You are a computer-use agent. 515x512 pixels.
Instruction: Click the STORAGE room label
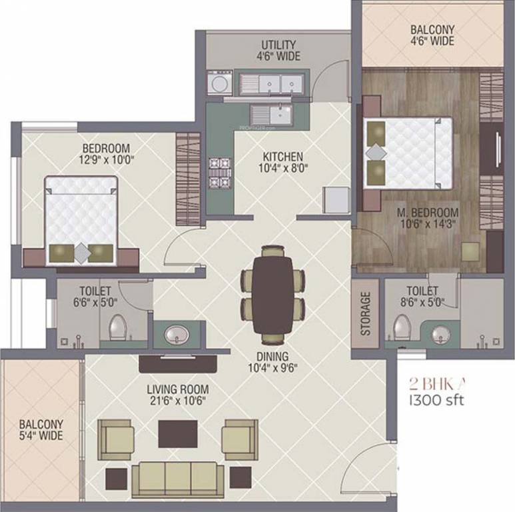coord(365,313)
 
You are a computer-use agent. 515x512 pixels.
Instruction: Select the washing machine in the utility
coord(219,84)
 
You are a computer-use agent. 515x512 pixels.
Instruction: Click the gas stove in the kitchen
coord(218,172)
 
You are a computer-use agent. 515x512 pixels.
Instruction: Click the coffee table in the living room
coord(178,434)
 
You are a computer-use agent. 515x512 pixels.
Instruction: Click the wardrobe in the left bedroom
coord(188,179)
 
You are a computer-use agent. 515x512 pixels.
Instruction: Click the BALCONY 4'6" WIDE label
coord(432,35)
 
